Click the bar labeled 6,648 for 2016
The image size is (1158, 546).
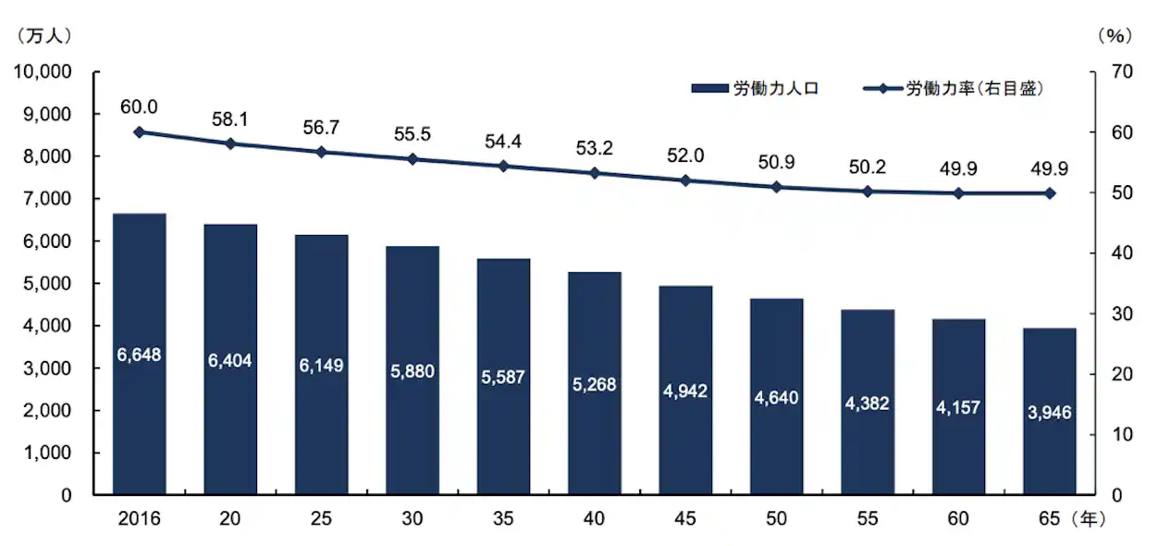tap(139, 354)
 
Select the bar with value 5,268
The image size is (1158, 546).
tap(594, 383)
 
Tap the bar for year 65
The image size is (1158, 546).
tap(1049, 411)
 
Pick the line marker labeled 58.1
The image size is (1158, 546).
tap(230, 143)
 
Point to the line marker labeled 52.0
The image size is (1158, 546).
tap(685, 180)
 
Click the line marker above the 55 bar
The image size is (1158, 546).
tap(868, 192)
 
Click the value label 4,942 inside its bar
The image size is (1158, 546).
tap(685, 391)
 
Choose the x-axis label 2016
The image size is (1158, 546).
tap(139, 519)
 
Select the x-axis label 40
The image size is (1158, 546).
tap(594, 519)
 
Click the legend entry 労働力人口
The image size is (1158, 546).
tap(755, 89)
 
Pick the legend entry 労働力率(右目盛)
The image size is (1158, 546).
tap(957, 89)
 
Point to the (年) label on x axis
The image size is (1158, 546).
tap(1090, 519)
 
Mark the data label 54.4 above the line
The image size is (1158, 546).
tap(503, 142)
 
